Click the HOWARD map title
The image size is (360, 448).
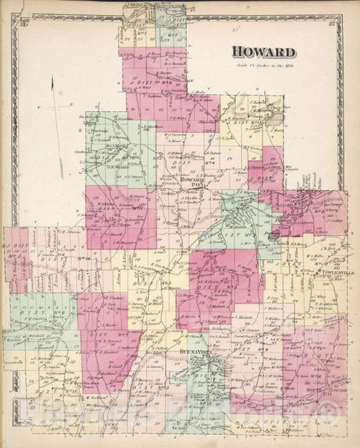pyautogui.click(x=264, y=52)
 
